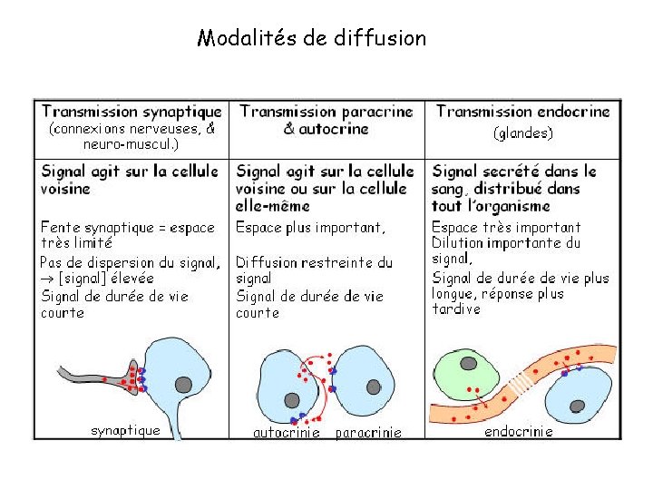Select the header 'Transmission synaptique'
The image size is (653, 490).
[132, 112]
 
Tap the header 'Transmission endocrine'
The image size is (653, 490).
[523, 112]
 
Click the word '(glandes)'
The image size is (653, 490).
[523, 132]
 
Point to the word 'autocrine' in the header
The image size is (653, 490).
[336, 129]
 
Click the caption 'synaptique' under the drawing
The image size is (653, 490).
[126, 430]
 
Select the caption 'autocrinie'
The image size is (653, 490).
[286, 433]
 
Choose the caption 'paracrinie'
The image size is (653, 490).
[368, 433]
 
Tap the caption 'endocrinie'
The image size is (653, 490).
[519, 431]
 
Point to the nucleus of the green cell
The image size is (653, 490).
[468, 364]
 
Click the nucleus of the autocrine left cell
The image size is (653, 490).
[292, 400]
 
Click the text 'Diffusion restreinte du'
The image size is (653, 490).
[315, 262]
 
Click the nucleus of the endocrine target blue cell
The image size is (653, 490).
[578, 406]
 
